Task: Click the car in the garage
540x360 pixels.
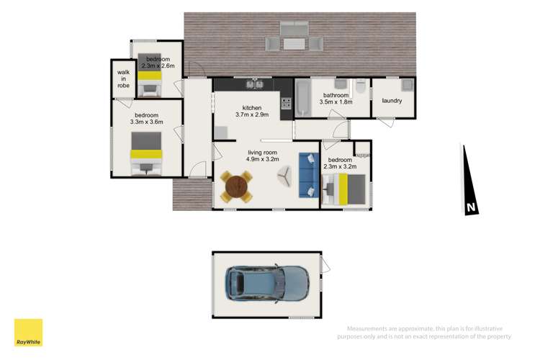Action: (267, 283)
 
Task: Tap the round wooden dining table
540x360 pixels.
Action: (237, 186)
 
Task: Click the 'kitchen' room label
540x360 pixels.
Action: (251, 108)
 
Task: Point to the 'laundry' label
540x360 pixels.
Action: (392, 101)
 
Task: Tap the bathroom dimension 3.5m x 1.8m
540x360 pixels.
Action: (336, 102)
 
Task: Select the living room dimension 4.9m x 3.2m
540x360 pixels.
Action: (262, 160)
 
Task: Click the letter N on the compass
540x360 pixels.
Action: (471, 208)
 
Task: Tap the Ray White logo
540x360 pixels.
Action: (28, 333)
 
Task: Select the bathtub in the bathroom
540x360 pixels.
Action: (301, 99)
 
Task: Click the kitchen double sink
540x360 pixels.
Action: (254, 85)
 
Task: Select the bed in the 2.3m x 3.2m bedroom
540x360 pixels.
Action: (346, 189)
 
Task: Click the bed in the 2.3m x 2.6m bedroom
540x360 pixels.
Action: (150, 80)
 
